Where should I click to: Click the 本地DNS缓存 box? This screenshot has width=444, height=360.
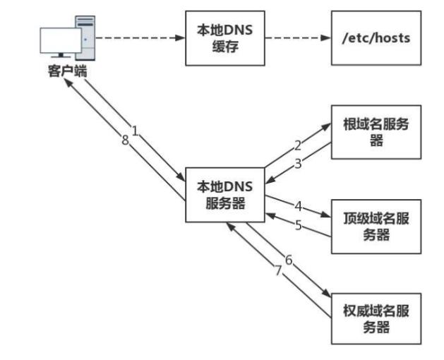[x=223, y=38]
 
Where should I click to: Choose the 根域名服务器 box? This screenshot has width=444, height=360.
[x=376, y=132]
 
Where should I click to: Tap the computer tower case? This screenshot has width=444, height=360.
[x=85, y=37]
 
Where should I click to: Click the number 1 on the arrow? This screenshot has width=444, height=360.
[x=135, y=132]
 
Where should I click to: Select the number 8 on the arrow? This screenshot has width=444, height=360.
[x=125, y=140]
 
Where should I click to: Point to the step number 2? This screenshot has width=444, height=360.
[x=297, y=145]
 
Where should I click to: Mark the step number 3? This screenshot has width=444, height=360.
[x=297, y=164]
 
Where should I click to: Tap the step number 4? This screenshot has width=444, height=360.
[x=298, y=207]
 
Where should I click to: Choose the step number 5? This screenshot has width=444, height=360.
[x=298, y=227]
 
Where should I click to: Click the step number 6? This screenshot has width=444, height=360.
[x=288, y=260]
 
